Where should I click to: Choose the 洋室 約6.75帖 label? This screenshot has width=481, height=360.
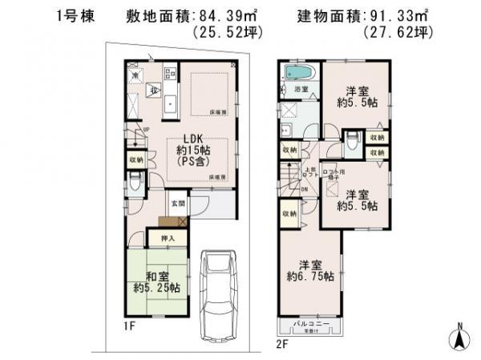point(311,270)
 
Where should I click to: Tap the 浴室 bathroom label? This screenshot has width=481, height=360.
point(302,88)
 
